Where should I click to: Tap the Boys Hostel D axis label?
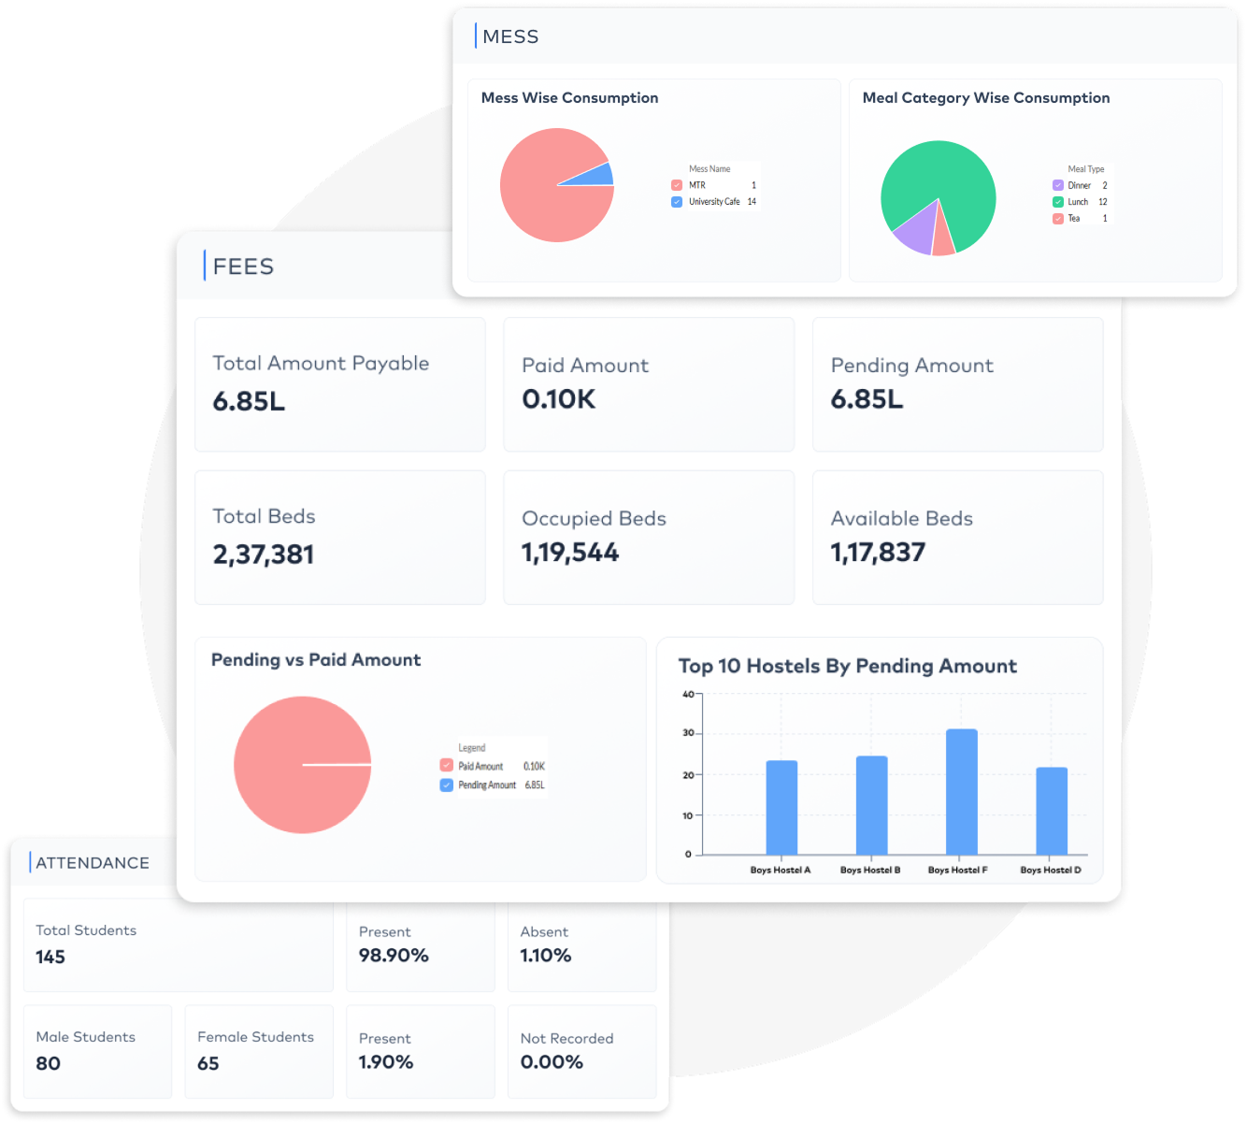[1050, 870]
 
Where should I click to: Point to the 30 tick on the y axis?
[687, 733]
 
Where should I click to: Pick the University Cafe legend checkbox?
[677, 202]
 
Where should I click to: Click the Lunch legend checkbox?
[1057, 202]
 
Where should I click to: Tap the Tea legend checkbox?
[1057, 218]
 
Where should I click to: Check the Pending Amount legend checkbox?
[446, 785]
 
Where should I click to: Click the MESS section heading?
[510, 36]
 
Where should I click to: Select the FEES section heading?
[243, 267]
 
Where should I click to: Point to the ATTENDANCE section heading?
[93, 863]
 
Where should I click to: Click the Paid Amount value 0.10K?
[558, 399]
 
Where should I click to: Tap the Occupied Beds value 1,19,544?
[570, 553]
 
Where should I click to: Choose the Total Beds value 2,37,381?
[263, 555]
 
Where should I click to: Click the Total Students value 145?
[50, 957]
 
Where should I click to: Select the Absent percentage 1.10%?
[545, 956]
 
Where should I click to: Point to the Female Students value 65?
[208, 1063]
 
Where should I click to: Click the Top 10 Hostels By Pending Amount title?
[847, 666]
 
